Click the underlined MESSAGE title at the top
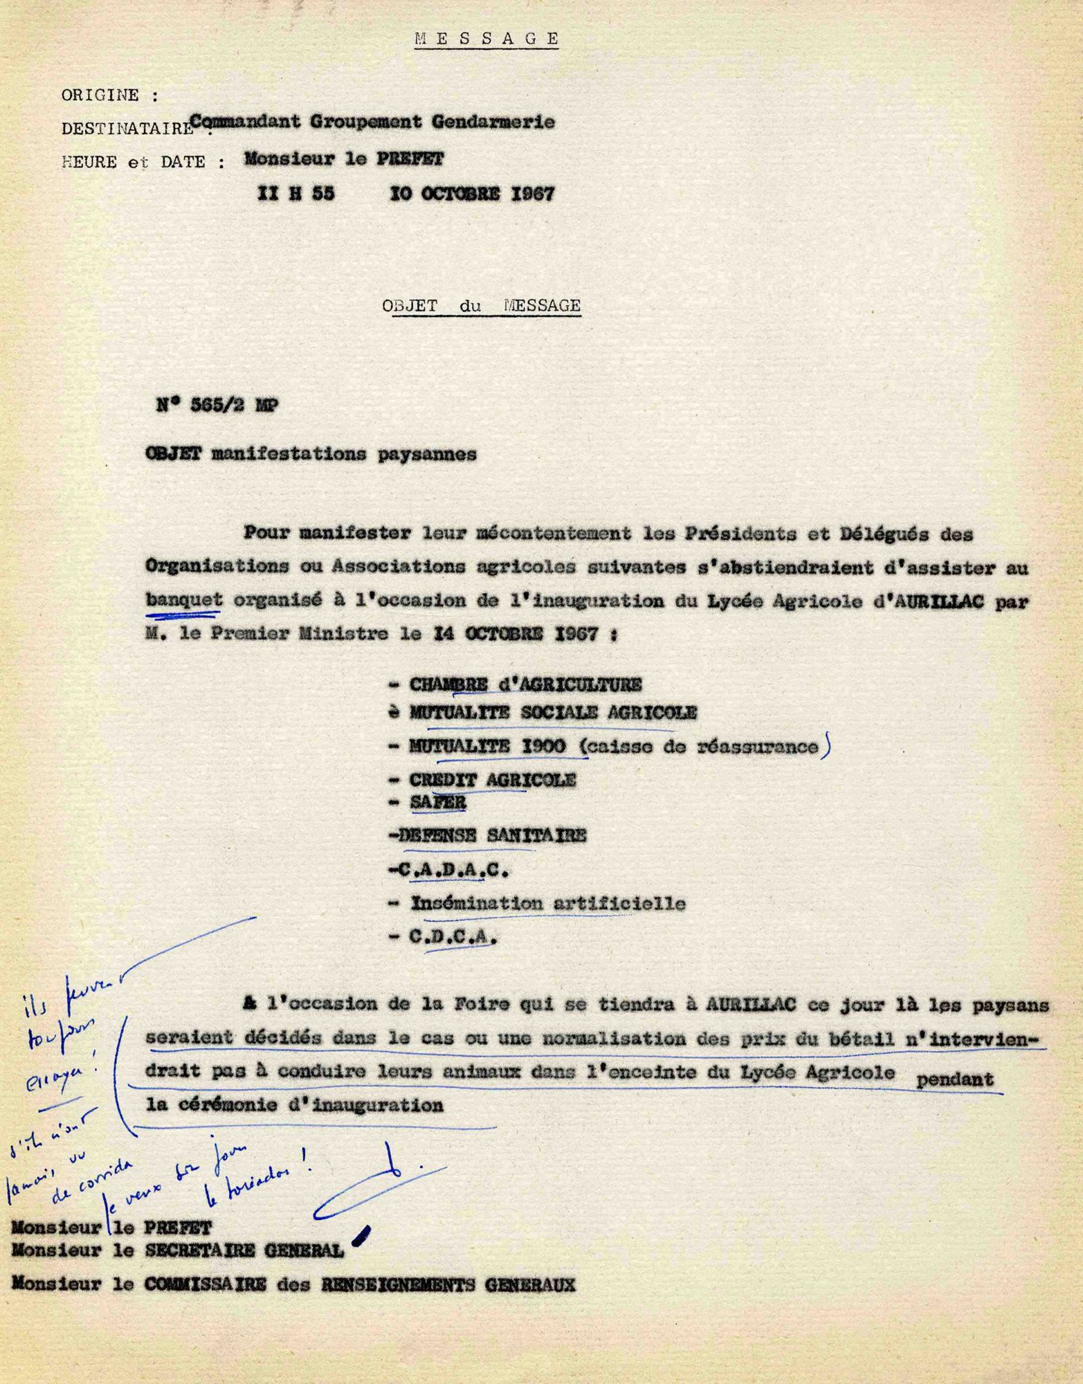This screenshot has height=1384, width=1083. coord(486,39)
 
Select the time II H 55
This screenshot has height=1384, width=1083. coord(295,194)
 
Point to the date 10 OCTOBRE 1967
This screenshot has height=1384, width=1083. coord(472,194)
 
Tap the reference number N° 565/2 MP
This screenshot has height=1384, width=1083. coord(218,406)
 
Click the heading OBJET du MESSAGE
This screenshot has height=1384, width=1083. coord(482,305)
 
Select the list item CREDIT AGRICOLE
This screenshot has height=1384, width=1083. coord(492,780)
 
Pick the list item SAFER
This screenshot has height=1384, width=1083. coord(437,802)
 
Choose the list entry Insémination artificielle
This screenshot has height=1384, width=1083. coord(548,904)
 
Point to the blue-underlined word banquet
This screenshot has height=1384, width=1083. coord(183,600)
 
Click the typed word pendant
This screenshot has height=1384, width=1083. coord(954,1079)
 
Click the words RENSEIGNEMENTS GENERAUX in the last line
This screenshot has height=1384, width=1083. coord(448,1285)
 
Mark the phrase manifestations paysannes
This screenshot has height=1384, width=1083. coord(343,455)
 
